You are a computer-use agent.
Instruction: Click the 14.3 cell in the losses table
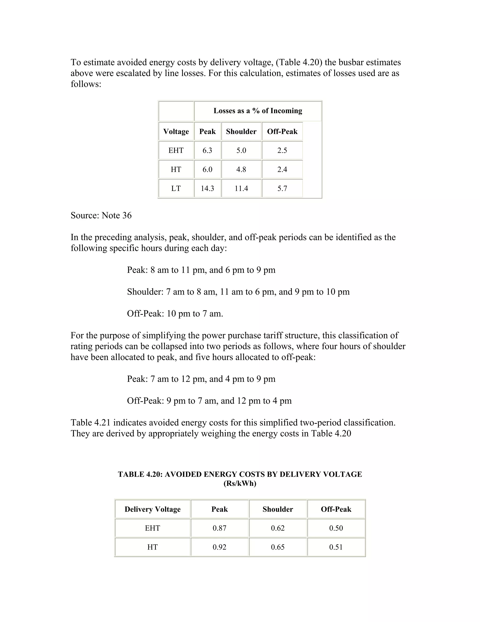pyautogui.click(x=207, y=188)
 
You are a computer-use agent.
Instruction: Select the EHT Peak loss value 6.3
pyautogui.click(x=207, y=150)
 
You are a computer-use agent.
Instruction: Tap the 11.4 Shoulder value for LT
pyautogui.click(x=241, y=188)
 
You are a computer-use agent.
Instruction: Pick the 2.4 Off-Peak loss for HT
pyautogui.click(x=282, y=169)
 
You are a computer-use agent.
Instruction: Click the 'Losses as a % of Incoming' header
pyautogui.click(x=258, y=111)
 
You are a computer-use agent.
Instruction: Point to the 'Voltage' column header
pyautogui.click(x=176, y=132)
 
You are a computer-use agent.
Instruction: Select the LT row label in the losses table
pyautogui.click(x=176, y=188)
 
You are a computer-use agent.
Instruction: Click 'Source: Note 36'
pyautogui.click(x=101, y=215)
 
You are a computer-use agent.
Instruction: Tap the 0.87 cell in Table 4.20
pyautogui.click(x=220, y=528)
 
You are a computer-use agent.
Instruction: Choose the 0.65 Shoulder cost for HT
pyautogui.click(x=278, y=547)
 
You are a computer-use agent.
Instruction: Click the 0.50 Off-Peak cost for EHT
pyautogui.click(x=336, y=528)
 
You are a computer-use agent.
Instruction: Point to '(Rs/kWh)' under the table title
pyautogui.click(x=240, y=484)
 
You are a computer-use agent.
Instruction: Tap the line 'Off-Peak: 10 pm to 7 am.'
pyautogui.click(x=175, y=314)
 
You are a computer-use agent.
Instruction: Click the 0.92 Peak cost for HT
pyautogui.click(x=220, y=547)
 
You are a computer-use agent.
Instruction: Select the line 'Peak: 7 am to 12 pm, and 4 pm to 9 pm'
pyautogui.click(x=201, y=379)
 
